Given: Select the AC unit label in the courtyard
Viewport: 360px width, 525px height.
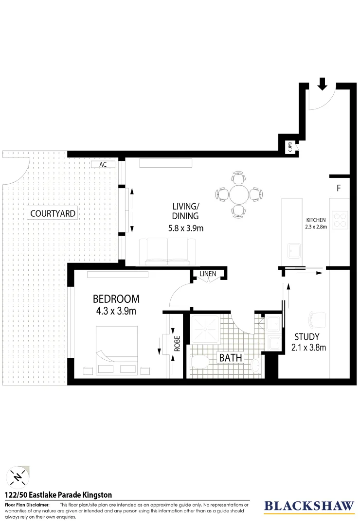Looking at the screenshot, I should [x=103, y=164].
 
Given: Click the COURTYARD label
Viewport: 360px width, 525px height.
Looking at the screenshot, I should [x=53, y=213].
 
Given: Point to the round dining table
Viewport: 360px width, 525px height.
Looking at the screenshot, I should [x=239, y=194].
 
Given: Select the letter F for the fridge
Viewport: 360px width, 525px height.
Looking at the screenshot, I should [x=339, y=188].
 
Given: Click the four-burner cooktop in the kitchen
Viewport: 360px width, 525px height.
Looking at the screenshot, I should [x=339, y=221].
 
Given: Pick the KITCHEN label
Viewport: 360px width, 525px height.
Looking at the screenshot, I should [x=316, y=220].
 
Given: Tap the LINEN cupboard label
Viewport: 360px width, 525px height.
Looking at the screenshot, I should [x=208, y=274].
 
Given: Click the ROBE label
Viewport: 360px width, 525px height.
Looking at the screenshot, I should [x=177, y=344].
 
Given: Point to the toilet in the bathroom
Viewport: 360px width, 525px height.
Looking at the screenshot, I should [x=199, y=362].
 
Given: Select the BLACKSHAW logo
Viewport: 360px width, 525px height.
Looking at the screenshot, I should [x=309, y=506].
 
